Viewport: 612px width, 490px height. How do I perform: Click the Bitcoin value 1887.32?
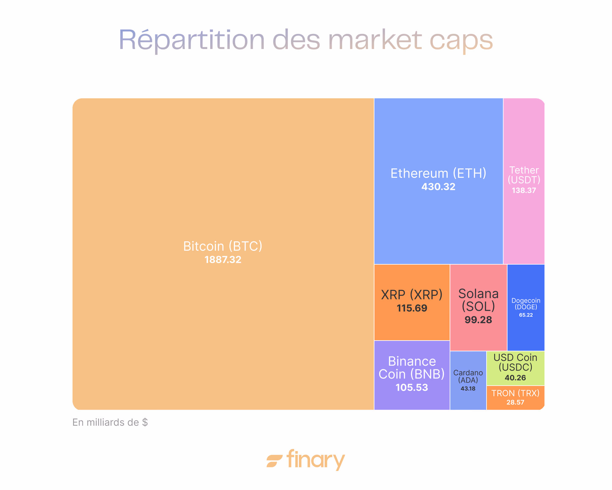(x=223, y=260)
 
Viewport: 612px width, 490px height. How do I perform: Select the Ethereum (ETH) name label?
(x=438, y=173)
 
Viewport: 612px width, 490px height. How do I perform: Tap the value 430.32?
(x=438, y=187)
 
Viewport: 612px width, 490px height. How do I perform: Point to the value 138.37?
(x=524, y=190)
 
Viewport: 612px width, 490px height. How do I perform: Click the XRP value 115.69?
(x=412, y=308)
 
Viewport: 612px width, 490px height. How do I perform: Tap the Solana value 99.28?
(x=478, y=320)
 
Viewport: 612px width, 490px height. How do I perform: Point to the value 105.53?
(x=412, y=388)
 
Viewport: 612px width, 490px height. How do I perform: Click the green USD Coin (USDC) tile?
(x=515, y=367)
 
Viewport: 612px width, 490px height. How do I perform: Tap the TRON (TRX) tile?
(x=515, y=397)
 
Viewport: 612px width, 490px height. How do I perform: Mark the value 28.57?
(x=515, y=402)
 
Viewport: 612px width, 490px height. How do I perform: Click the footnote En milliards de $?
(x=110, y=422)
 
